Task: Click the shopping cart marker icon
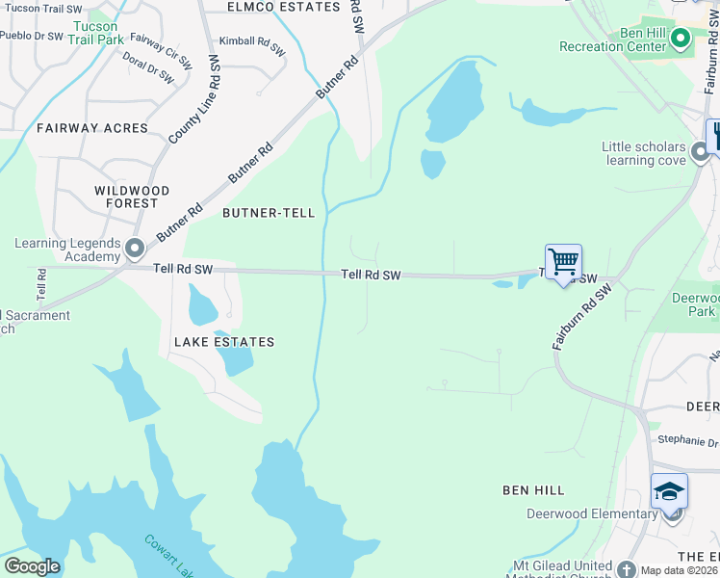pyautogui.click(x=563, y=261)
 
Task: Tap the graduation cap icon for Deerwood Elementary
pyautogui.click(x=669, y=491)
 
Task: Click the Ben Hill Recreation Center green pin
pyautogui.click(x=681, y=39)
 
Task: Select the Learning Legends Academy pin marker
pyautogui.click(x=134, y=250)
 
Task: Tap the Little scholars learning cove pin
pyautogui.click(x=700, y=152)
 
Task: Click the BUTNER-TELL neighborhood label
pyautogui.click(x=269, y=212)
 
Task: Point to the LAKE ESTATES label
pyautogui.click(x=224, y=342)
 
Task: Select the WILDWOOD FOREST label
pyautogui.click(x=132, y=197)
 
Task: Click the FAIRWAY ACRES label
pyautogui.click(x=92, y=127)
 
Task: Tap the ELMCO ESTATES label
pyautogui.click(x=283, y=7)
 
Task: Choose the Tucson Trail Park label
pyautogui.click(x=97, y=33)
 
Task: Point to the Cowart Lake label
pyautogui.click(x=167, y=557)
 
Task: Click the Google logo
pyautogui.click(x=32, y=565)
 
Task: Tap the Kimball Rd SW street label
pyautogui.click(x=252, y=44)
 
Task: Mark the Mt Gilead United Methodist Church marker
pyautogui.click(x=627, y=570)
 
